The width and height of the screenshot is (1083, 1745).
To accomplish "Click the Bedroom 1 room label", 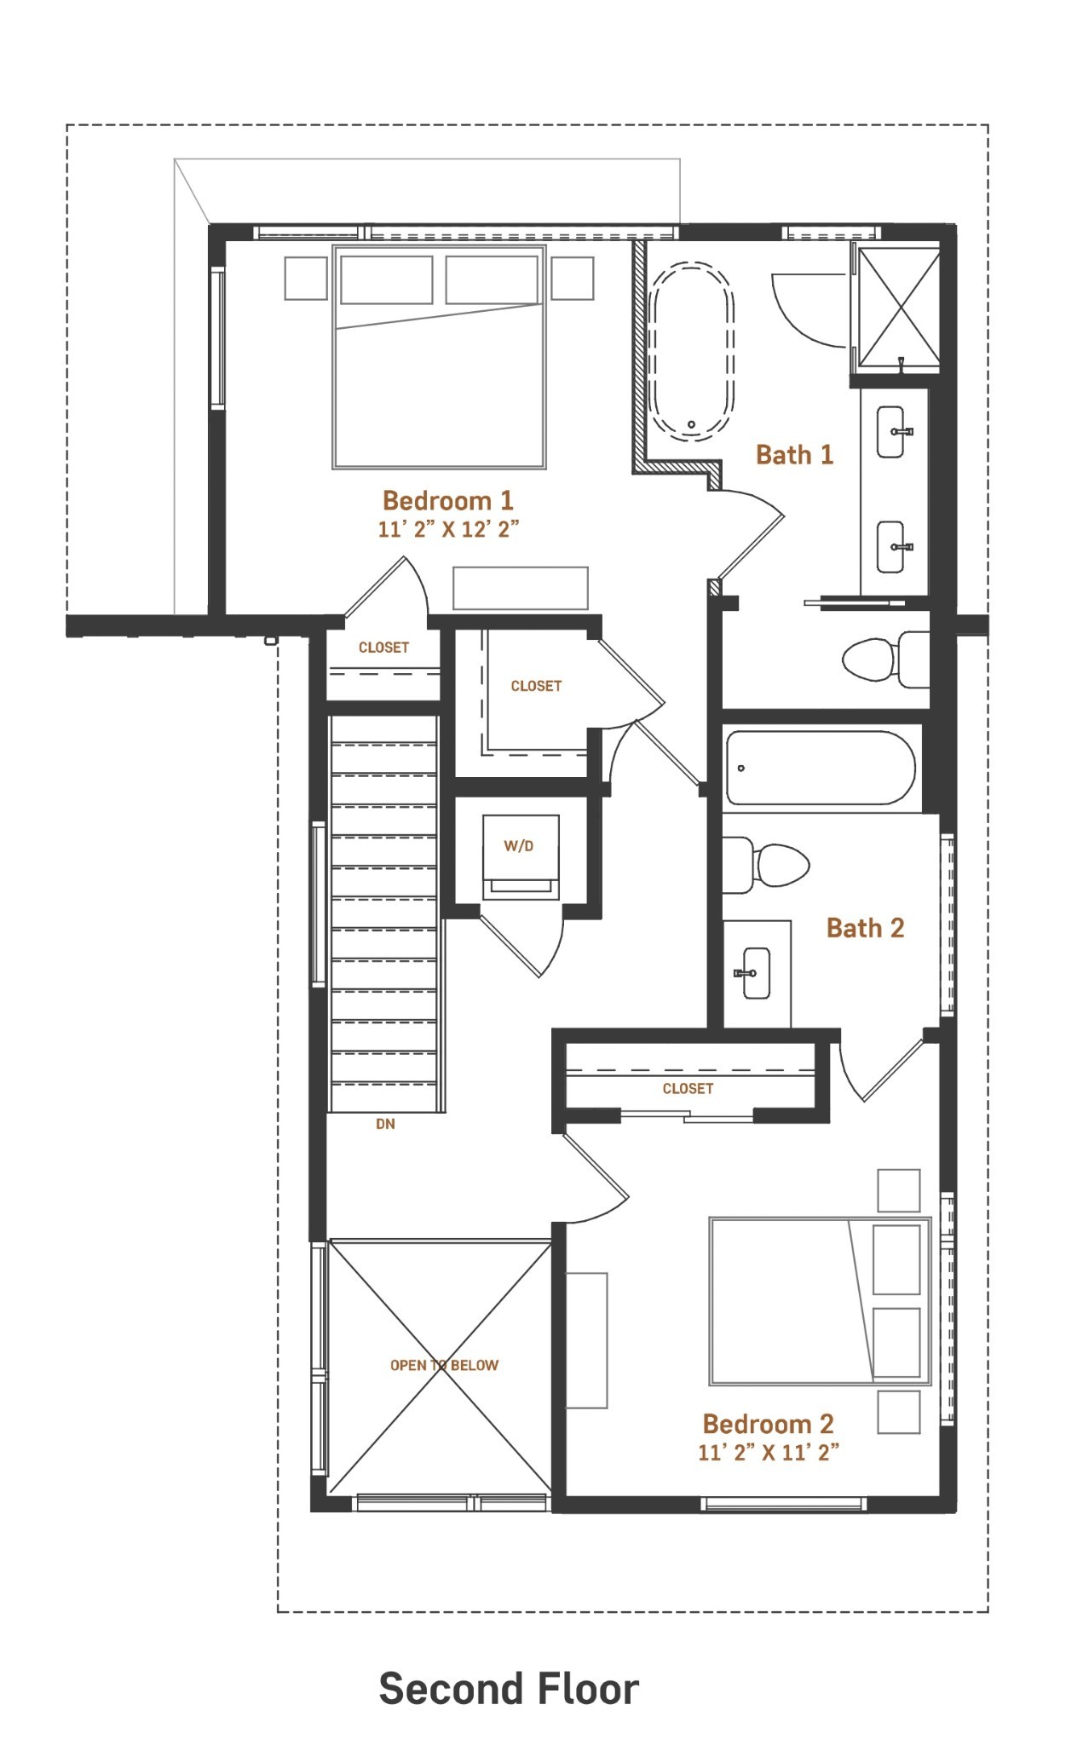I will pos(447,500).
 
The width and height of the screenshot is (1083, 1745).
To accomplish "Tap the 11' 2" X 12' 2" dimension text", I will pos(448,529).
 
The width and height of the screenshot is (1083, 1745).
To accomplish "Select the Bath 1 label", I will pos(794,454).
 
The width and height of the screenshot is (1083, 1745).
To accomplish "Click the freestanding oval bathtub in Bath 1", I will pos(691,350).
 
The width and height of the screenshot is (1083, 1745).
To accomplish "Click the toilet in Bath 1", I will pos(884,659).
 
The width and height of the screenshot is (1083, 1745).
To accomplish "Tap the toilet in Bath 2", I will pos(766,865).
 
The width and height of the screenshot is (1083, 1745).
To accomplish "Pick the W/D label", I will pos(519,846).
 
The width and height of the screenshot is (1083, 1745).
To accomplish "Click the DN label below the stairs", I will pos(385,1124).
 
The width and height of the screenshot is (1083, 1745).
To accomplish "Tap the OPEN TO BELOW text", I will pos(444,1365).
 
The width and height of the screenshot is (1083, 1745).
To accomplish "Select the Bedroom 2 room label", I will pos(768,1424).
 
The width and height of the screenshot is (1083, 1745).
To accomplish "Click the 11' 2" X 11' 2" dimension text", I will pos(769,1453).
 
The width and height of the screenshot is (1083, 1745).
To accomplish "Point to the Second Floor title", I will pos(509,1689).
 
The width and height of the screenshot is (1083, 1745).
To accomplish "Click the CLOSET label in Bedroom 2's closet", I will pos(688,1088).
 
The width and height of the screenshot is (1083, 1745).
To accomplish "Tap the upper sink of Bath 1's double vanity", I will pos(891,431).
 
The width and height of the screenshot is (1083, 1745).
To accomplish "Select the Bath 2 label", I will pos(865,927).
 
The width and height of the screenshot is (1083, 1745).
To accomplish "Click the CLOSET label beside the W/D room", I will pos(536,686).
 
